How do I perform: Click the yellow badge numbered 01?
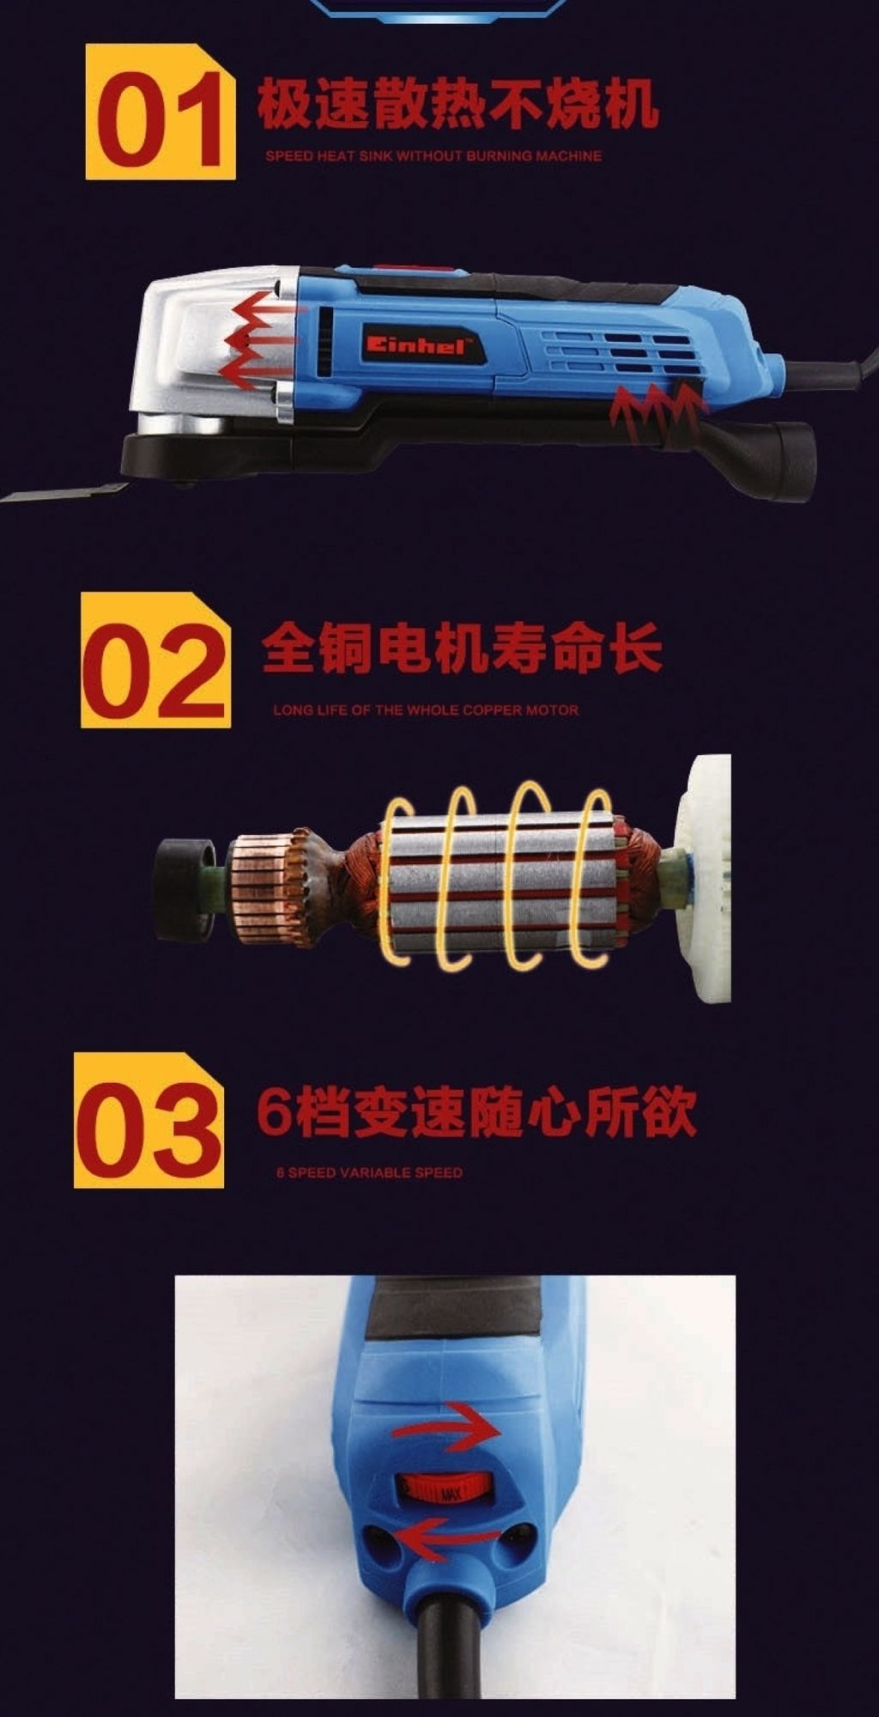(x=161, y=113)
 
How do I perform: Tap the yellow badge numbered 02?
(x=156, y=660)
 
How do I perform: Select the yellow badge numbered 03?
(x=149, y=1120)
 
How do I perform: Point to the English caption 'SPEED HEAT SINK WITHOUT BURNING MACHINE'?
(x=433, y=156)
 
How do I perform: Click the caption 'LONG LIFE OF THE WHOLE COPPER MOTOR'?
(x=426, y=710)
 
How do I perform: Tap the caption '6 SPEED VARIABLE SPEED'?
(x=369, y=1172)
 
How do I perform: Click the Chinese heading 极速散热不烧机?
(x=458, y=104)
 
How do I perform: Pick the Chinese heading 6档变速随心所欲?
(x=476, y=1112)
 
